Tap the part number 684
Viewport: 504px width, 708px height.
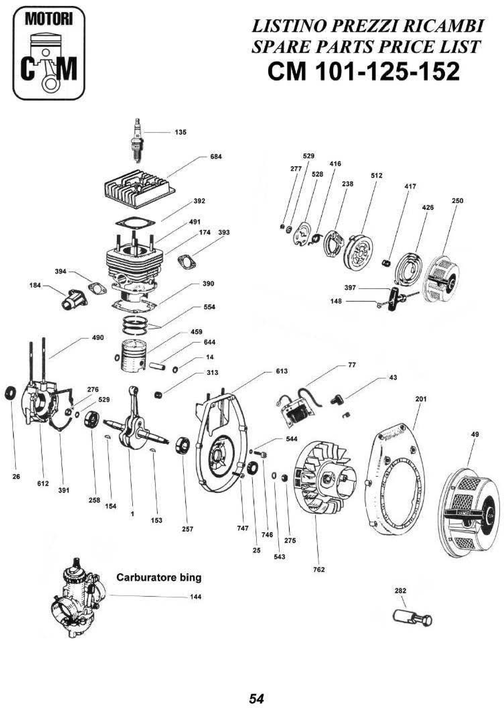(x=216, y=157)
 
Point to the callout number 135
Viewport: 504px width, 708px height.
(x=180, y=132)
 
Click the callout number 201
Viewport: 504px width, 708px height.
(x=421, y=399)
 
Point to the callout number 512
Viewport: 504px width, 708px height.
(x=376, y=176)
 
